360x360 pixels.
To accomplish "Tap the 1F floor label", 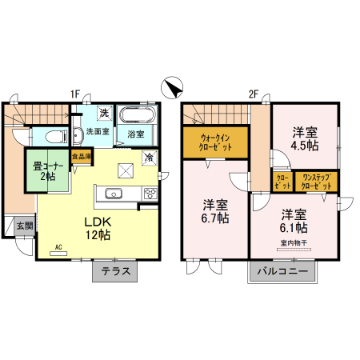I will click(74, 94).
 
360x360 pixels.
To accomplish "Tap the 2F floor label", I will click(253, 94).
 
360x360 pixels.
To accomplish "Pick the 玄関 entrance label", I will click(25, 226).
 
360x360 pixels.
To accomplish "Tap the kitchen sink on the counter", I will click(112, 193).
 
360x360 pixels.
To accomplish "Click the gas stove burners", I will click(150, 193).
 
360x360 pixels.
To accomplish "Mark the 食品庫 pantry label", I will click(82, 158).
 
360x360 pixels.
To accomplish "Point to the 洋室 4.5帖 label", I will click(304, 138).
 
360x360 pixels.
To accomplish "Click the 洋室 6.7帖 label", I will click(215, 210).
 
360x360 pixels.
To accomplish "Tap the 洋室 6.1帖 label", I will click(294, 220).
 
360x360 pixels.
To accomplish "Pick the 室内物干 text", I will click(294, 242).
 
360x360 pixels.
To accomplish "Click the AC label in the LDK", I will click(58, 248).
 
